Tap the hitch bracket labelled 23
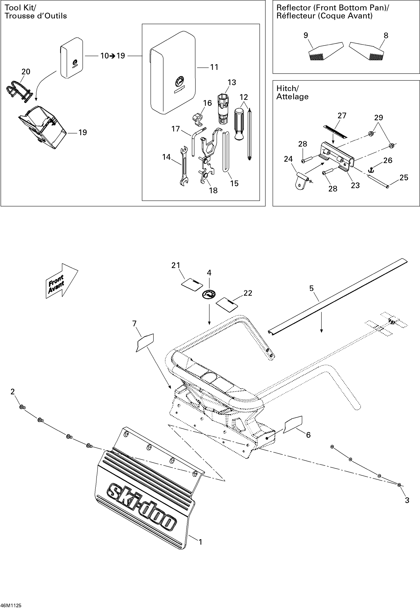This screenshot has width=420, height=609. (337, 155)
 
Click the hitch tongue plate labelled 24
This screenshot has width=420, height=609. (301, 182)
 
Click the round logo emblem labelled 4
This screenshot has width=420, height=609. (209, 294)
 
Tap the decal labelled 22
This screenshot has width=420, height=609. (227, 305)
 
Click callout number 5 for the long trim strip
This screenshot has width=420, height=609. (311, 288)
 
